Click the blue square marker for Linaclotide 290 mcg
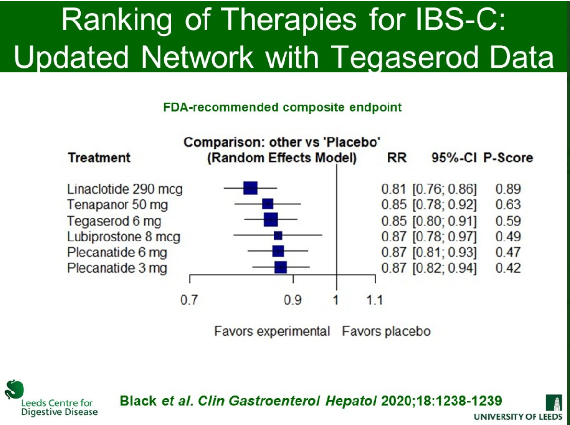coord(251,188)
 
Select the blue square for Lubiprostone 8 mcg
coord(278,235)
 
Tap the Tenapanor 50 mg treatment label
coord(118,205)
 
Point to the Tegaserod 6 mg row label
coord(114,221)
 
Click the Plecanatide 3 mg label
coord(117,268)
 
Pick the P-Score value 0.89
coord(508,189)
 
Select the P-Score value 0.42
coord(508,268)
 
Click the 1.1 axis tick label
coord(374,300)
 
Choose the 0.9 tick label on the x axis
coord(293,300)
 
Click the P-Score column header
coord(507,158)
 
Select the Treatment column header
coord(99,158)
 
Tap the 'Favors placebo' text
coord(386,332)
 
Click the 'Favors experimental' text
coord(272,332)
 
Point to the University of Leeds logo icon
coord(556,402)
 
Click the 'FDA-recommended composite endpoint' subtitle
coord(283,107)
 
